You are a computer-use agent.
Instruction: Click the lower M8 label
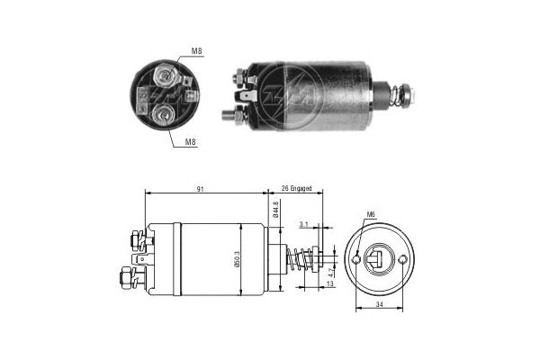[x=192, y=141]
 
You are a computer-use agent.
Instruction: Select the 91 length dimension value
[x=209, y=189]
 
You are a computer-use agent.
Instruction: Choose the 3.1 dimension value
[x=303, y=224]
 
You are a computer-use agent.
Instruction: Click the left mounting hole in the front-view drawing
[x=358, y=260]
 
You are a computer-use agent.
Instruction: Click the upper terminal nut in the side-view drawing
[x=136, y=240]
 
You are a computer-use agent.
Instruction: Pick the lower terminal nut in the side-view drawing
[x=126, y=274]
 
